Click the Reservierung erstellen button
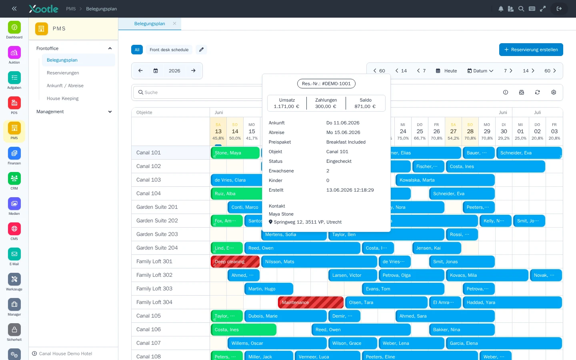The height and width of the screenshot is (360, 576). click(x=531, y=50)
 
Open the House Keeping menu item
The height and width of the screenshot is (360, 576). click(x=62, y=98)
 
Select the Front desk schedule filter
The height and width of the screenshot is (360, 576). click(x=169, y=50)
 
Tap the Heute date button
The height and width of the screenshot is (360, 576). click(x=446, y=71)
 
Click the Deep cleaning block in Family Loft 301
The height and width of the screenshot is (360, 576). click(x=235, y=262)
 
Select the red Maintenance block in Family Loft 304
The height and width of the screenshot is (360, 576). click(x=311, y=302)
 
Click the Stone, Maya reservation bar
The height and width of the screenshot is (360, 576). click(x=235, y=153)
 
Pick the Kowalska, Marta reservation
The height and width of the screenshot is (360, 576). click(x=445, y=180)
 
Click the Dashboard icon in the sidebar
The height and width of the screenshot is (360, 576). click(x=14, y=27)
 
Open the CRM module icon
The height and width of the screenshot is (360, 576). click(x=14, y=178)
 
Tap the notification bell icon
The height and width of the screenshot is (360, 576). click(x=501, y=9)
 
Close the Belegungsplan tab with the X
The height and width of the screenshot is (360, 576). click(x=174, y=23)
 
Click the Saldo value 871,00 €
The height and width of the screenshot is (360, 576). click(x=365, y=106)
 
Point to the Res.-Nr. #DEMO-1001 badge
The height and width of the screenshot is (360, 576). click(x=326, y=84)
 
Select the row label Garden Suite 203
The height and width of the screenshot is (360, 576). click(x=157, y=234)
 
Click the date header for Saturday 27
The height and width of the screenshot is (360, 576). click(x=453, y=131)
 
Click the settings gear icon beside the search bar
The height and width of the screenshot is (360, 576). click(x=554, y=92)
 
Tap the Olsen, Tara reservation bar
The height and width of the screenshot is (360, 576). click(x=386, y=302)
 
